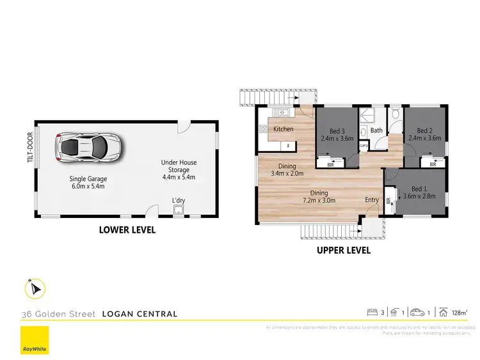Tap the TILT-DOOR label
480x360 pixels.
point(30,148)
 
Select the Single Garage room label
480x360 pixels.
point(88,183)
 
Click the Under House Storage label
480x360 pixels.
point(175,170)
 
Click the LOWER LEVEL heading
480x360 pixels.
point(127,230)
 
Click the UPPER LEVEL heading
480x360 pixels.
point(344,250)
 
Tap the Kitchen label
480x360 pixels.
point(284,129)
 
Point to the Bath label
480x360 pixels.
point(376,130)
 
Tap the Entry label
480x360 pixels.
point(372,200)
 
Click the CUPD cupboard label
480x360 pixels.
point(363,145)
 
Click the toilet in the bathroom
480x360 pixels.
point(396,114)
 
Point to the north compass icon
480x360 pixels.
point(33,289)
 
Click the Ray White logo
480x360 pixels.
point(34,341)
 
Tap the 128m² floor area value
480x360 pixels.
point(459,313)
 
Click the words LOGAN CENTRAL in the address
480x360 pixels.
point(140,314)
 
